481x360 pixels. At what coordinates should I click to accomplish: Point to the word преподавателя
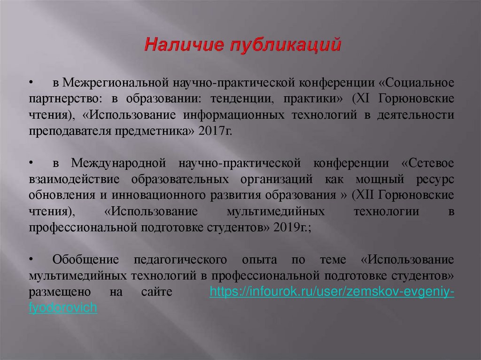[70, 131]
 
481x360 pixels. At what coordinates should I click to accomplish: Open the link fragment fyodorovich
[62, 308]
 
